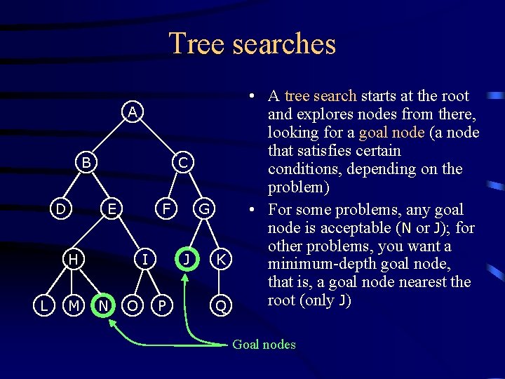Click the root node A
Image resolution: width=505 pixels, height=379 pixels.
(x=132, y=112)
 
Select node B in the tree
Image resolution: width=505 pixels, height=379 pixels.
(x=86, y=162)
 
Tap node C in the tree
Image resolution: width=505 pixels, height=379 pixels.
(x=182, y=162)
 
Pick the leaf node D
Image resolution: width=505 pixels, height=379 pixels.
(x=61, y=208)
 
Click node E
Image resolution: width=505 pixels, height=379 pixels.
(x=112, y=208)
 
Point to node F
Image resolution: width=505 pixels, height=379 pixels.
(x=166, y=208)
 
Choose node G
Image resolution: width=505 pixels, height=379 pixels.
(x=204, y=208)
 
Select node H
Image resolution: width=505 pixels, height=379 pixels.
(x=73, y=259)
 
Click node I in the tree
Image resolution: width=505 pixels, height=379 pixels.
(x=145, y=259)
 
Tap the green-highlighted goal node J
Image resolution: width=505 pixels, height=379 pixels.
(x=185, y=259)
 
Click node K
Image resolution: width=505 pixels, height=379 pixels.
(x=221, y=259)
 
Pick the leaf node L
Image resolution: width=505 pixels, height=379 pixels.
(x=44, y=305)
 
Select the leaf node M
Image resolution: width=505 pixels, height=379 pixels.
(x=73, y=305)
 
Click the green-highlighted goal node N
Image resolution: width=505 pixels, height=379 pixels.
(x=103, y=305)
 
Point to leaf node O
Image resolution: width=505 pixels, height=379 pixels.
(x=131, y=305)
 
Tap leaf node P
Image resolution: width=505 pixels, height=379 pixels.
(x=162, y=305)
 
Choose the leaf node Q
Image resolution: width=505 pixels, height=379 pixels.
(x=221, y=305)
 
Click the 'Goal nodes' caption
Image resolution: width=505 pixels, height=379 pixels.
(x=264, y=345)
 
